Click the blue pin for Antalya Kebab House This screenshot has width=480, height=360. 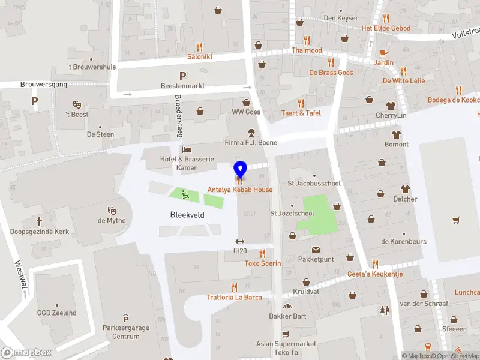click(x=240, y=169)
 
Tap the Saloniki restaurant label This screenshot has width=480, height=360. click(x=200, y=56)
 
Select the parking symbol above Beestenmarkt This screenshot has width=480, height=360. click(x=182, y=76)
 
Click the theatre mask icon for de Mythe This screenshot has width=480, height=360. click(x=111, y=211)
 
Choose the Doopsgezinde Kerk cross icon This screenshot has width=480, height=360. click(x=40, y=221)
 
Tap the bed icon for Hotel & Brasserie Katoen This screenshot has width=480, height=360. click(x=187, y=149)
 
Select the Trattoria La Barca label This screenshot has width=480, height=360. click(x=233, y=297)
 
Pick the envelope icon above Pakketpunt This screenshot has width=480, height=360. click(x=315, y=250)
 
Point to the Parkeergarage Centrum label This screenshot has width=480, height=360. click(x=125, y=332)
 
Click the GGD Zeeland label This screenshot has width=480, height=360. click(x=56, y=313)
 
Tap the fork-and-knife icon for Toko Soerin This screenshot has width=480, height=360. click(x=262, y=253)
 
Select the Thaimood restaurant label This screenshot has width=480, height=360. click(x=307, y=50)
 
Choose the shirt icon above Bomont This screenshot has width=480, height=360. click(x=396, y=134)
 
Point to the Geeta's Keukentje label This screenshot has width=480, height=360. click(x=375, y=274)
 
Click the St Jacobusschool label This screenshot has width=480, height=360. click(x=314, y=183)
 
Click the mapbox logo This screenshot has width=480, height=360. click(x=26, y=352)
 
